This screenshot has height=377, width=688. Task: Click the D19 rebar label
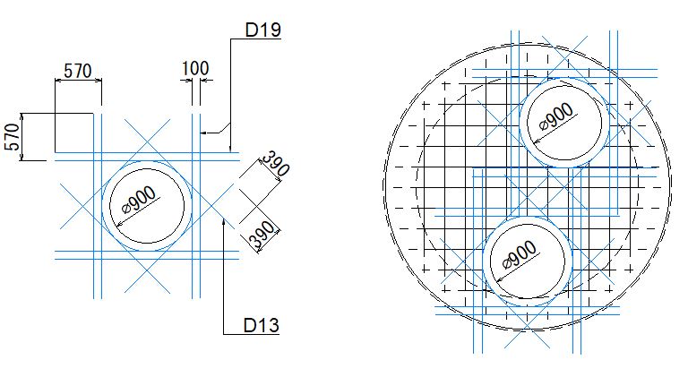tap(262, 30)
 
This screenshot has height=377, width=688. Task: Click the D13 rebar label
tap(262, 325)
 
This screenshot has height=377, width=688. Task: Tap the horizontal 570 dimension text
tap(78, 71)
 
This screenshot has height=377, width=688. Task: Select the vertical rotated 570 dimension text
tap(13, 137)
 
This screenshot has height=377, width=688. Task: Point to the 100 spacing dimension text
tap(195, 68)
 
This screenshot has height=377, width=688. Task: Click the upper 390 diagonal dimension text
tap(276, 163)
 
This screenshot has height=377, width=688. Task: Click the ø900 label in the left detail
tap(139, 200)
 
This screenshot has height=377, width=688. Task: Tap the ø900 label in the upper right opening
tap(556, 116)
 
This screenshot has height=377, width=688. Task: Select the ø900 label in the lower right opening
tap(520, 254)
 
